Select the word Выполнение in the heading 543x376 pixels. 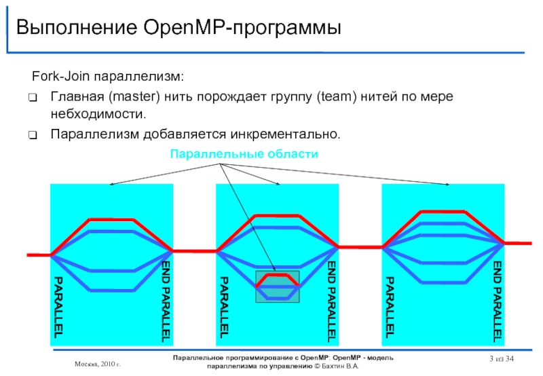(x=75, y=29)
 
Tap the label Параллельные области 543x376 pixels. (x=244, y=154)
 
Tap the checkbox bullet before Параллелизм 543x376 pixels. (x=33, y=134)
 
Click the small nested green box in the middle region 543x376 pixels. (x=277, y=286)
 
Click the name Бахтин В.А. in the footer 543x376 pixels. (x=339, y=366)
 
